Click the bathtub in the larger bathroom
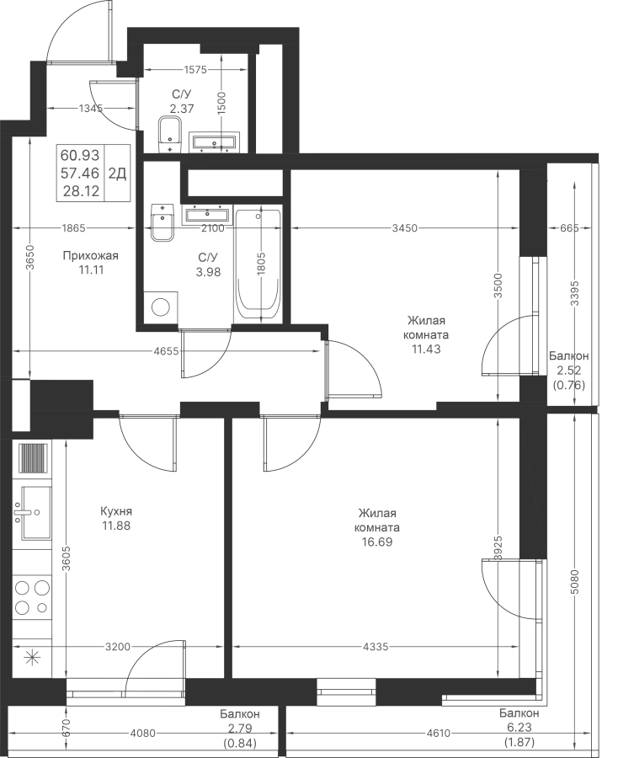258,265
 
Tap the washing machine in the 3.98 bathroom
161,306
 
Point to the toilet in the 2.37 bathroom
169,135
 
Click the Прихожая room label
90,256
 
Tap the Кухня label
116,511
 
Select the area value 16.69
377,542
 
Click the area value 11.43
426,349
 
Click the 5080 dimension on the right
574,585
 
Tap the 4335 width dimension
376,646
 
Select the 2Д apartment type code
117,173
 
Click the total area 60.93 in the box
80,155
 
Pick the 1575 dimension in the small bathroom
195,70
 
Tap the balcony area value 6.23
519,727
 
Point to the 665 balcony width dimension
570,228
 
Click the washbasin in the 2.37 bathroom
214,141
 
